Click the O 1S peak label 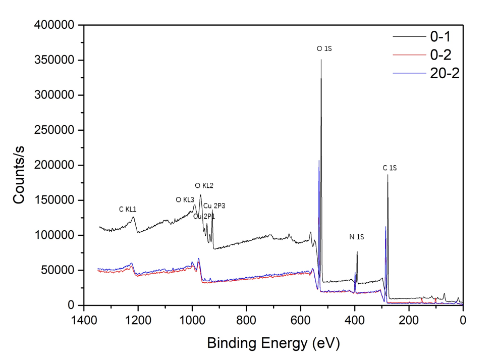pos(324,49)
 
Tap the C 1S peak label pos(390,168)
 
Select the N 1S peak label pos(357,237)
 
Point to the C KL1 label pos(128,209)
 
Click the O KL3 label pos(185,200)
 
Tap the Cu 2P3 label pos(214,206)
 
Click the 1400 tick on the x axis pos(84,319)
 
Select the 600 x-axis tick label pos(301,319)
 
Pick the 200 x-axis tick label pos(409,319)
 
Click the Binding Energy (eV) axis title pos(273,344)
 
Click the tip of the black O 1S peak pos(321,60)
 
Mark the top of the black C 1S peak pos(388,175)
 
